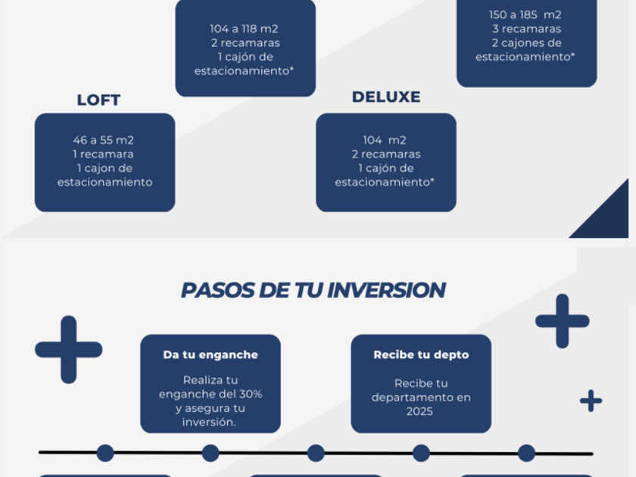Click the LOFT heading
98,100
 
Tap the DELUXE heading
386,97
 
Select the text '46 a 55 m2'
104,140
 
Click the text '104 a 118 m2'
245,29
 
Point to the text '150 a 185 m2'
526,14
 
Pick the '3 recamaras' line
526,29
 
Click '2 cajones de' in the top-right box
526,43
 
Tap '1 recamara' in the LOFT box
104,154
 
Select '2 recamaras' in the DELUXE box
385,154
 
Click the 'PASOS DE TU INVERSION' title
313,290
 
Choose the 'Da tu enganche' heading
210,354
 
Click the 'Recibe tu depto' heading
421,354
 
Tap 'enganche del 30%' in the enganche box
210,394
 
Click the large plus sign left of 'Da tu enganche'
68,349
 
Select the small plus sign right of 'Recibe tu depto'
591,401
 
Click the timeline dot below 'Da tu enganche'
210,453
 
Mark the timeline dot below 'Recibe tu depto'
421,453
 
